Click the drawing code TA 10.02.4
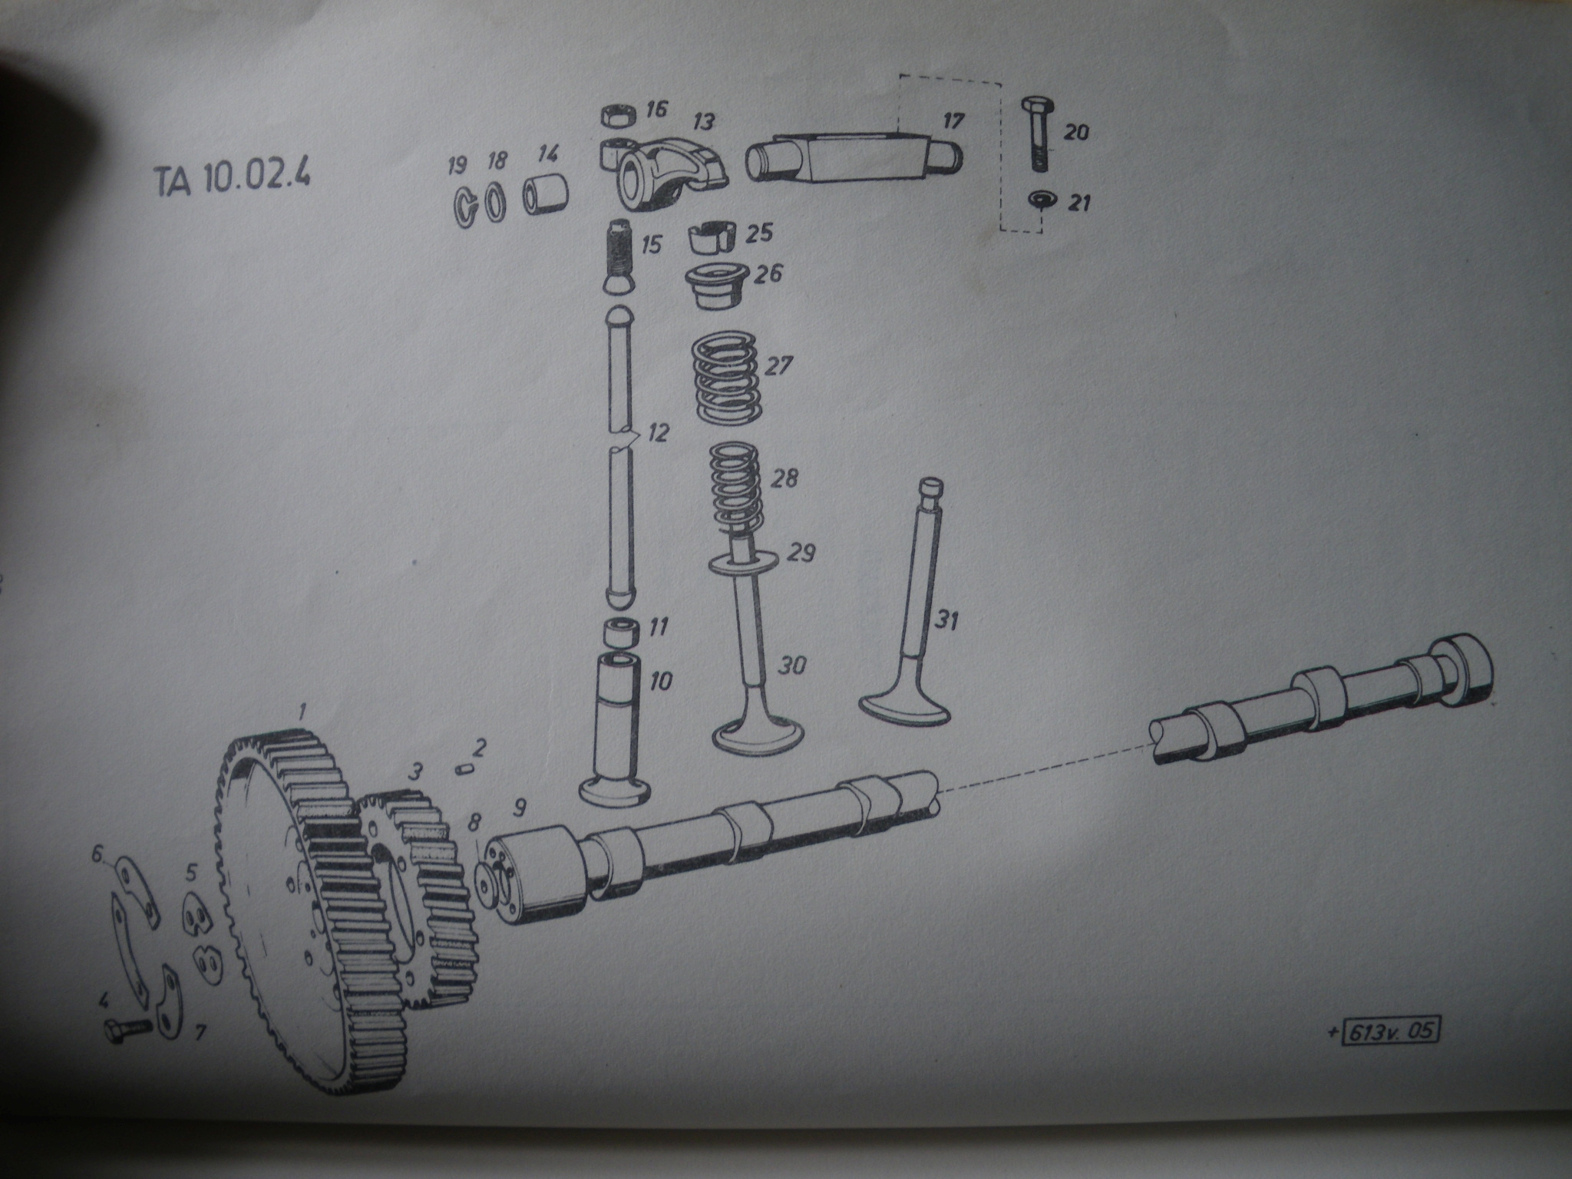click(232, 180)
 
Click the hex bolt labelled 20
click(1038, 134)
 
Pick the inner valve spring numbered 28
click(734, 485)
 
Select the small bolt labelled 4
click(127, 1027)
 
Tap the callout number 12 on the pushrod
click(657, 434)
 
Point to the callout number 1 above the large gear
click(302, 714)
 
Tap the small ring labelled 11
click(620, 632)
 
